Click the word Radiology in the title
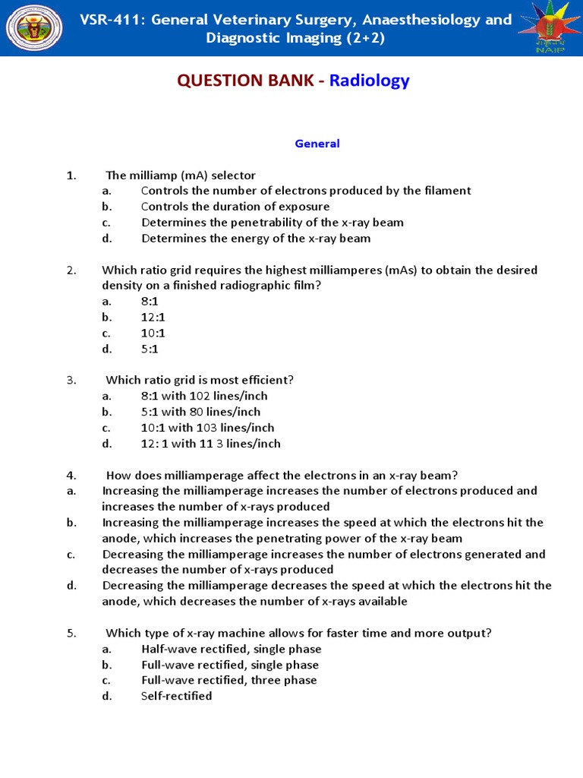tap(369, 81)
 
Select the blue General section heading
tap(317, 144)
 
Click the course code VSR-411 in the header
tap(112, 20)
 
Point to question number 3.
tap(71, 380)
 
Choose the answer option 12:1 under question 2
tap(153, 318)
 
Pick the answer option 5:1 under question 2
tap(150, 349)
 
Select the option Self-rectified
tap(176, 696)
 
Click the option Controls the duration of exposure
tap(235, 207)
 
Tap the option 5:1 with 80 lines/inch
tap(200, 412)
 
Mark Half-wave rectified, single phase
tap(231, 649)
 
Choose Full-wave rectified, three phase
tap(228, 680)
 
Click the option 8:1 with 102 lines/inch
tap(204, 396)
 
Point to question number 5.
tap(71, 633)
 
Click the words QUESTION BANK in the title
tap(245, 81)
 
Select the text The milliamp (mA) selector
tap(180, 176)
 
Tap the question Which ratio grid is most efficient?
tap(199, 380)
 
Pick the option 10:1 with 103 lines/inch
tap(207, 428)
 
